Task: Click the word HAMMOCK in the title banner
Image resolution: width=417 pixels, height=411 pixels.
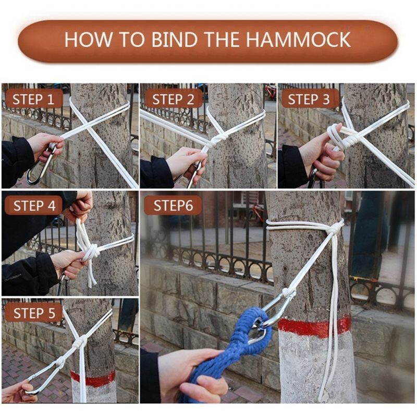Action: point(298,40)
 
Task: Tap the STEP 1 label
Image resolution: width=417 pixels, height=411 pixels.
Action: point(33,99)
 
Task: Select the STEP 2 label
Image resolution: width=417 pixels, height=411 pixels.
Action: point(173,99)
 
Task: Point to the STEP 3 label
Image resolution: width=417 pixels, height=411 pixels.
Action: point(309,99)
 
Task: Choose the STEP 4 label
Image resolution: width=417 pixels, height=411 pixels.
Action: point(34,206)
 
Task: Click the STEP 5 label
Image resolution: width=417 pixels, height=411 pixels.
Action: point(34,313)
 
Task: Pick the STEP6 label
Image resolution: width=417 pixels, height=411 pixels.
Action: point(173,205)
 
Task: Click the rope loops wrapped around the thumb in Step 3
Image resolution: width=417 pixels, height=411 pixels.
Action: point(336,134)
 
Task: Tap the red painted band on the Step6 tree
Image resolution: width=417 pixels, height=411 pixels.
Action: point(314,326)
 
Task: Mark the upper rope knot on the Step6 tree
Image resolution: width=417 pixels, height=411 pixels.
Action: point(335,228)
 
